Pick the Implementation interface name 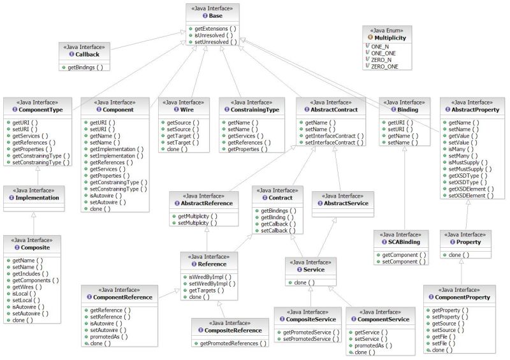click(x=36, y=198)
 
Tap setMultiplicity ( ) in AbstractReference click(x=197, y=223)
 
